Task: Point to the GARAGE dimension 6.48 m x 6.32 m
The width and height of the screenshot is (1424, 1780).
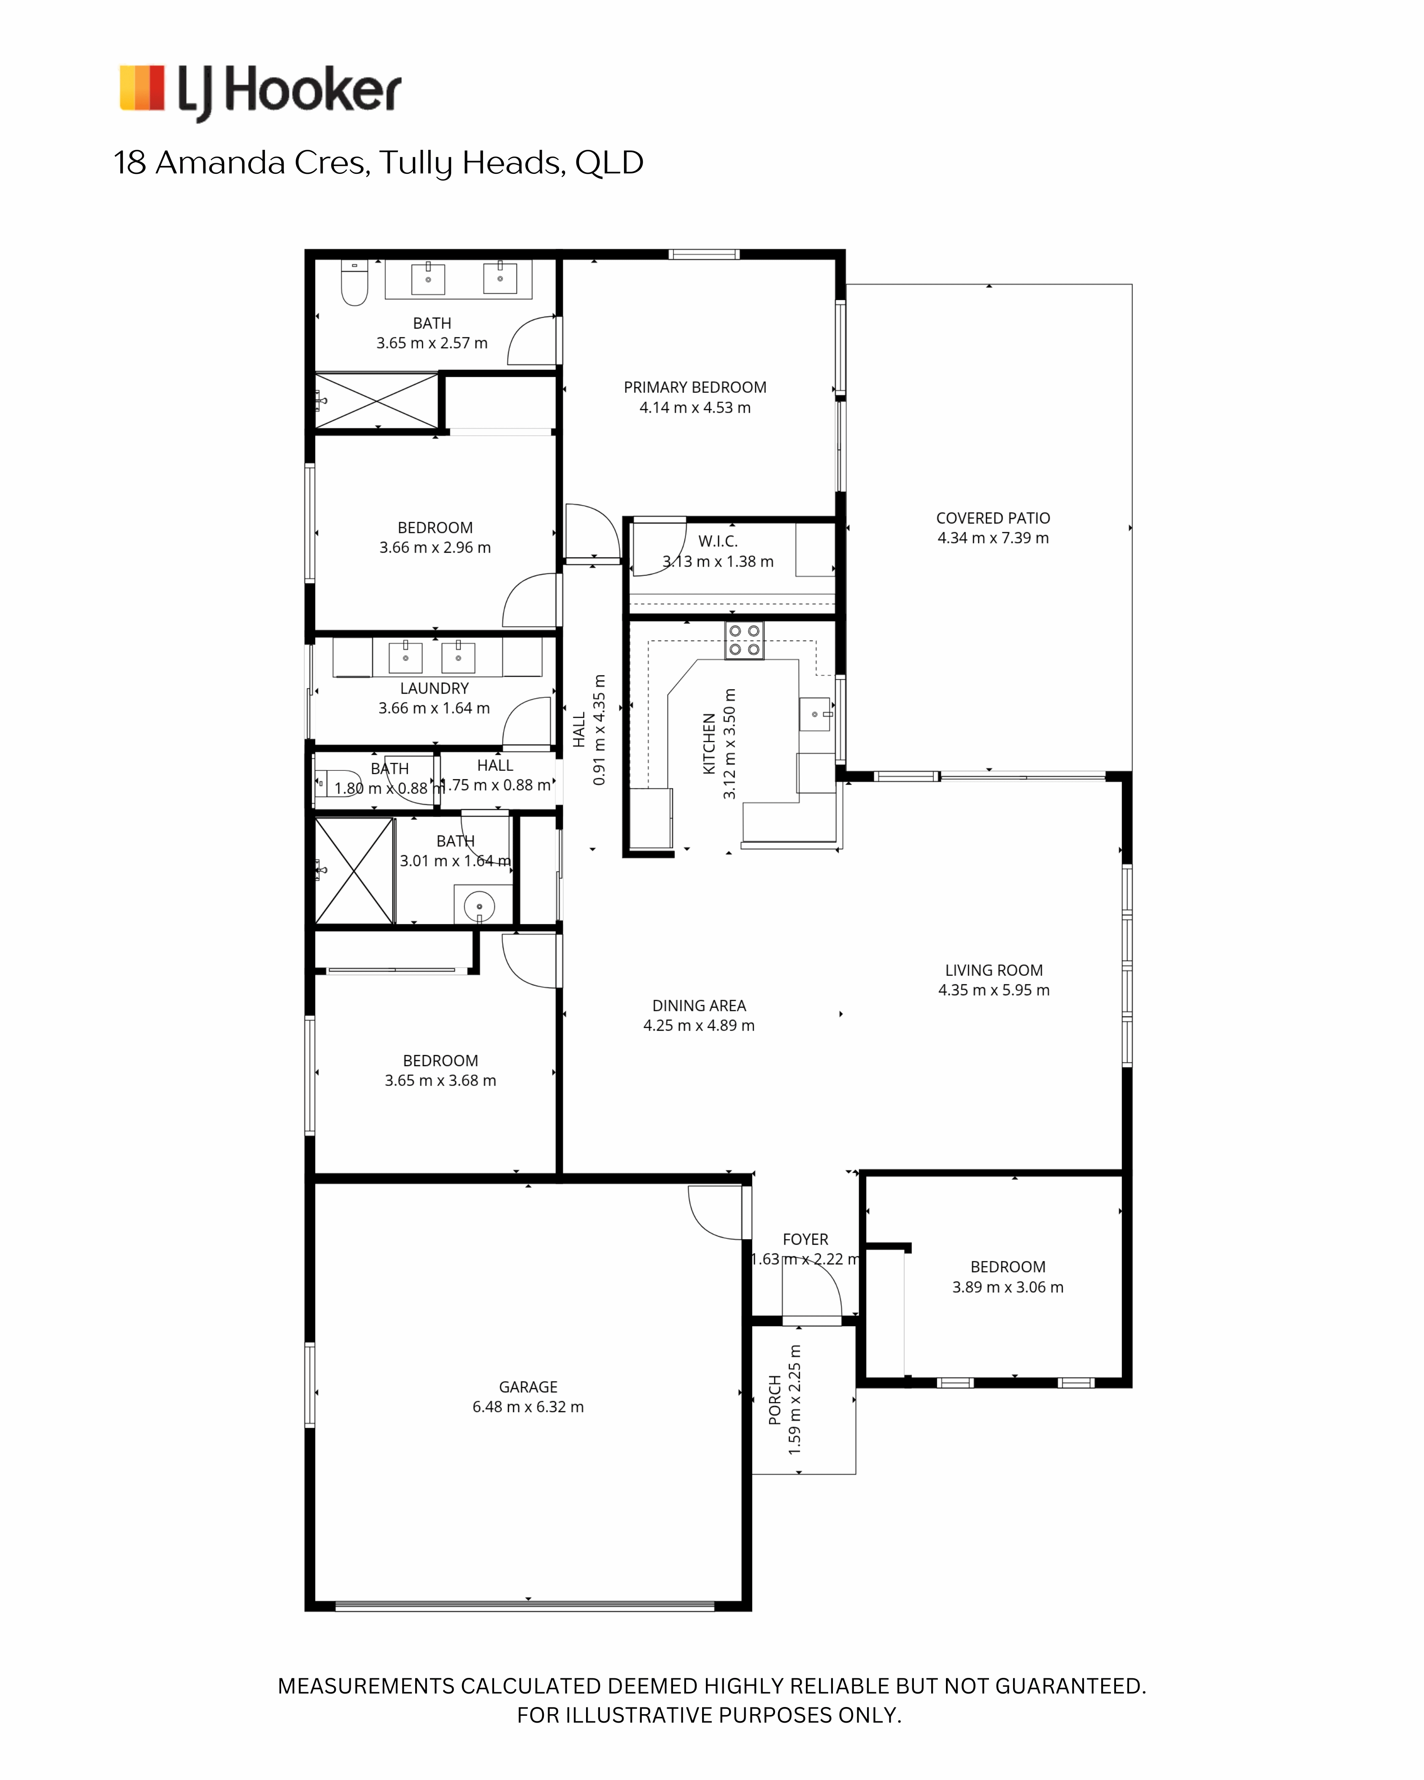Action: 528,1407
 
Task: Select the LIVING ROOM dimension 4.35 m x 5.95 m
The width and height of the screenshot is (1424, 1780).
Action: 994,990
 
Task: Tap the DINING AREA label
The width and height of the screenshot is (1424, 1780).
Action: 699,1005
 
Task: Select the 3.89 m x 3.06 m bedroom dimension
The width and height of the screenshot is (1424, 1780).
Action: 1008,1287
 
